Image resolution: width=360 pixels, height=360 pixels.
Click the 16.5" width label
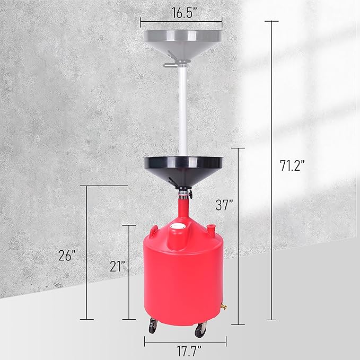[181, 9]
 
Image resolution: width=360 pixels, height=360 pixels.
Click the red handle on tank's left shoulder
[154, 230]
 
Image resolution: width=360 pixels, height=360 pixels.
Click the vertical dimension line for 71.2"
[272, 170]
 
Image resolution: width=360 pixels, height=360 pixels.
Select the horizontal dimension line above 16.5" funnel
[181, 21]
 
